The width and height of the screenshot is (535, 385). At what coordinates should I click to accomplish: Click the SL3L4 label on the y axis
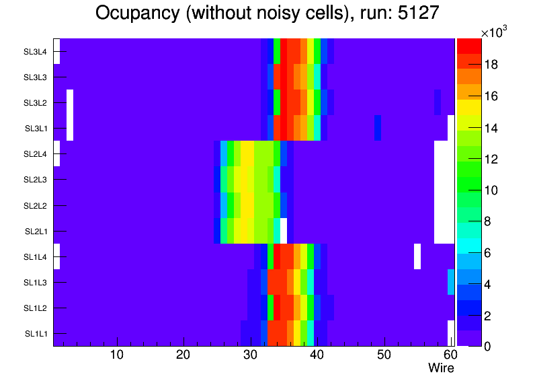[35, 51]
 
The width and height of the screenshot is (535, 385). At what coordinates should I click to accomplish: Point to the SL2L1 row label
[35, 231]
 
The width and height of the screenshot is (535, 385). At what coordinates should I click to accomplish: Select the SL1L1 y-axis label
[35, 334]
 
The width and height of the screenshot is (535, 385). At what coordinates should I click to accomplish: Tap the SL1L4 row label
[35, 257]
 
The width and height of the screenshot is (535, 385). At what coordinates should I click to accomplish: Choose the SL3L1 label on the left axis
[35, 129]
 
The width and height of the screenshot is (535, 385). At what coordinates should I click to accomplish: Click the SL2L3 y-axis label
[35, 180]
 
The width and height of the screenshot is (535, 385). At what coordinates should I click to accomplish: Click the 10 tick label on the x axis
[117, 355]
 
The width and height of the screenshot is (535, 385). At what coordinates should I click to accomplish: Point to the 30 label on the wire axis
[250, 355]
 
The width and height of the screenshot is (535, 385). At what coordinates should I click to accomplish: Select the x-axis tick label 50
[384, 355]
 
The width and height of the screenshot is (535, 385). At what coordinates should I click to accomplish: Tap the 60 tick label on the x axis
[449, 355]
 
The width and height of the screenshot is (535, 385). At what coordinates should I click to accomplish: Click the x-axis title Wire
[441, 368]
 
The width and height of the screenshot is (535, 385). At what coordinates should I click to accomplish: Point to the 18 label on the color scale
[491, 65]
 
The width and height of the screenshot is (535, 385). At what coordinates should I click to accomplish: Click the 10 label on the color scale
[491, 190]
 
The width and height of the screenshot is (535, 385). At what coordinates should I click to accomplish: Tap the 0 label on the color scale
[487, 346]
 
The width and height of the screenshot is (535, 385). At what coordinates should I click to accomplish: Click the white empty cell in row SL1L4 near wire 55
[417, 256]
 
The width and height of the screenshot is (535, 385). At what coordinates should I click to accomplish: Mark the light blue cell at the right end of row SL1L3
[451, 282]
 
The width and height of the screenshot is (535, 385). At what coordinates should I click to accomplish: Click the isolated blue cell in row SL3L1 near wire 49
[378, 128]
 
